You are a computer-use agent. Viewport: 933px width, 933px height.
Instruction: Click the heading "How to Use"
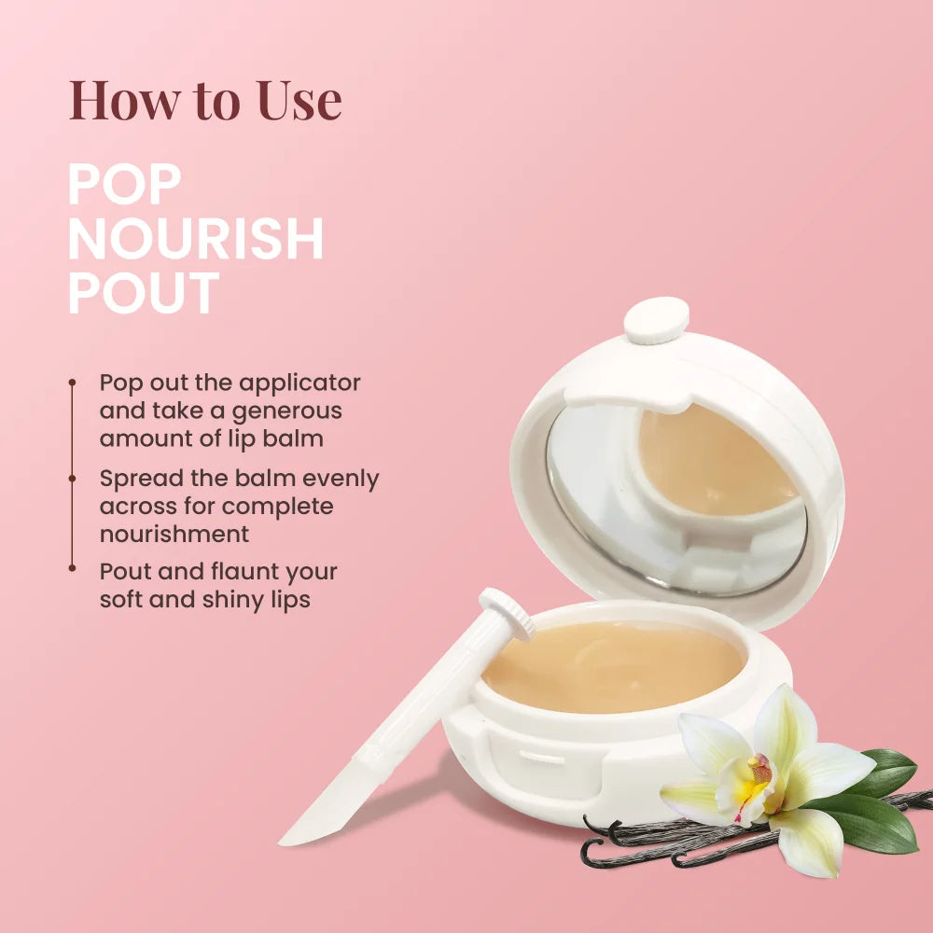tap(205, 100)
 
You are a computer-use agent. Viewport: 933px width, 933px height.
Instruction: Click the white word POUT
tap(143, 293)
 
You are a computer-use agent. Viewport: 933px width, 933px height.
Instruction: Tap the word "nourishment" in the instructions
tap(174, 534)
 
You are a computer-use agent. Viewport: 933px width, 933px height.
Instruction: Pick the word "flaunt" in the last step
tap(221, 571)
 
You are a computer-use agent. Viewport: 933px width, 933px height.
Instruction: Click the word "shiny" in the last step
tap(235, 599)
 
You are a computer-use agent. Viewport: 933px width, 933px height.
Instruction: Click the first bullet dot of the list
tap(72, 383)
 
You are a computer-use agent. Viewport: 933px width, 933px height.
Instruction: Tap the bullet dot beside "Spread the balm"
tap(72, 478)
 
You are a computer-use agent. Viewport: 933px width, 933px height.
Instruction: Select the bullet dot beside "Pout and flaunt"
tap(72, 566)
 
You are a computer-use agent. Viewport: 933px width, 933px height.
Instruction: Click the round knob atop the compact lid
tap(656, 320)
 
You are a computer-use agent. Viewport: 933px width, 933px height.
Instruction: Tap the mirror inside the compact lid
tap(597, 494)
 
